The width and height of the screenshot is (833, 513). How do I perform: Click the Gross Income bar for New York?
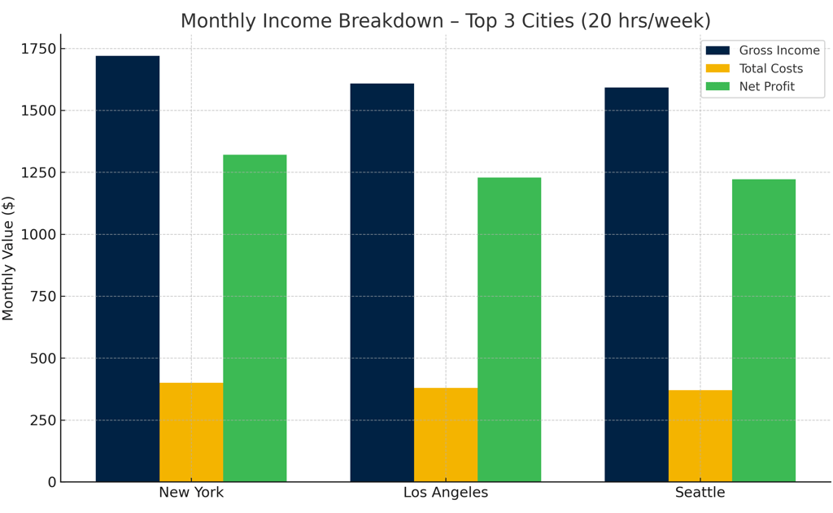click(128, 268)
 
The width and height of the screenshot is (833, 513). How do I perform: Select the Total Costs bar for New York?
click(191, 432)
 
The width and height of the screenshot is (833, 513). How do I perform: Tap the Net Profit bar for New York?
click(255, 318)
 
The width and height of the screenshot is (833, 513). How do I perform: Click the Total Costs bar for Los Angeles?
click(446, 434)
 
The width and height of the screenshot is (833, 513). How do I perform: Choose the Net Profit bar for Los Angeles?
click(509, 329)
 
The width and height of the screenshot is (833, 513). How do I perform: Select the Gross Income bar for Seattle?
click(636, 285)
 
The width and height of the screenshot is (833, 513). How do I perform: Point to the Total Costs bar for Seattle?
click(700, 436)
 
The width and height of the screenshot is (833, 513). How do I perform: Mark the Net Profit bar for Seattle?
click(764, 330)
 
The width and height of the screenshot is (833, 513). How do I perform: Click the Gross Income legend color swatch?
click(717, 50)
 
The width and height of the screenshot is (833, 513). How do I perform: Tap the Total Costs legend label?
click(770, 68)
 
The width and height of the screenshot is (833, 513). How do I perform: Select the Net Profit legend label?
click(766, 86)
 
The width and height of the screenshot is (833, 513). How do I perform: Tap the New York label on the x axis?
click(191, 493)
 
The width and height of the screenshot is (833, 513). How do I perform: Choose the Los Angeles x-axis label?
click(446, 493)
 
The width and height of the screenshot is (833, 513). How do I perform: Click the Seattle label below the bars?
click(700, 493)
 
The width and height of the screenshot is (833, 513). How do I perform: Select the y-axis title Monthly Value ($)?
click(9, 258)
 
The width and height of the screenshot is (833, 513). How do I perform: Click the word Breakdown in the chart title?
click(407, 20)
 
